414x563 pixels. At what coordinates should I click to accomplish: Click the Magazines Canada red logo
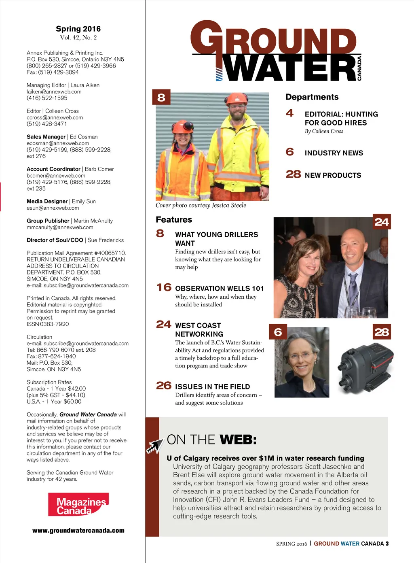[x=78, y=504]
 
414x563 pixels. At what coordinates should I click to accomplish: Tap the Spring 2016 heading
[x=78, y=29]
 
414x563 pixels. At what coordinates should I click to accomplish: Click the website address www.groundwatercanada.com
[x=78, y=531]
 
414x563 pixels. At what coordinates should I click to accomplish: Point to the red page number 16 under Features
[x=164, y=287]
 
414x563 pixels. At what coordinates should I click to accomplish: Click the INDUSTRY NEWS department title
[x=334, y=153]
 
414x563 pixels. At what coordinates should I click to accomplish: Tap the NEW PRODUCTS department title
[x=333, y=175]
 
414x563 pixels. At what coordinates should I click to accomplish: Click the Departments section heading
[x=312, y=97]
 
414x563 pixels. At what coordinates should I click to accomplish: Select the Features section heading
[x=174, y=220]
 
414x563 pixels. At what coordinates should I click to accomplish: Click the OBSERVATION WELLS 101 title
[x=219, y=289]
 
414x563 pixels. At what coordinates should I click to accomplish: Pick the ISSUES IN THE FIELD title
[x=212, y=387]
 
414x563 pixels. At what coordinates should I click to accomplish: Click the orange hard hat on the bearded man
[x=237, y=99]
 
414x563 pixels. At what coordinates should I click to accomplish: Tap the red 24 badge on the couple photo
[x=382, y=222]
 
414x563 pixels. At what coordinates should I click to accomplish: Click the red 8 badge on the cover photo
[x=161, y=97]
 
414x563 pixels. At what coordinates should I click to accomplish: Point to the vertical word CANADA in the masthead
[x=359, y=68]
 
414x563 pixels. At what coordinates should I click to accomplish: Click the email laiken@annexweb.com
[x=54, y=92]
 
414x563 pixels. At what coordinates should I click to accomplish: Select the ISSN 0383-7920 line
[x=48, y=324]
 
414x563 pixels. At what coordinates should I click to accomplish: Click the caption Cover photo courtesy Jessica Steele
[x=201, y=205]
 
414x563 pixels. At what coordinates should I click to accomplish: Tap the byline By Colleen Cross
[x=324, y=131]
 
